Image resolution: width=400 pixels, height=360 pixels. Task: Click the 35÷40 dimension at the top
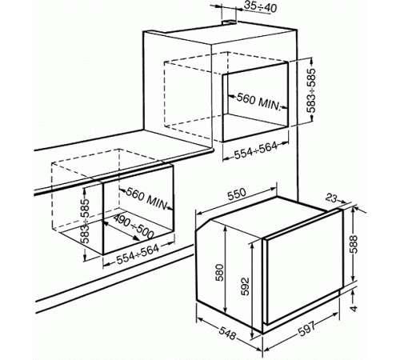click(x=261, y=8)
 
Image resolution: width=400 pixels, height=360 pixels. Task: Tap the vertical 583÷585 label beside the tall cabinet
click(x=311, y=90)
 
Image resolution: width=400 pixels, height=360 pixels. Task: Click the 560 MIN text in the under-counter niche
click(x=146, y=198)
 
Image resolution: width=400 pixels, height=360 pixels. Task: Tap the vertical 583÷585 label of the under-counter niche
click(x=86, y=221)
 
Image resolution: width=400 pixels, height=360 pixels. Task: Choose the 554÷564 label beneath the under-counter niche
click(x=138, y=254)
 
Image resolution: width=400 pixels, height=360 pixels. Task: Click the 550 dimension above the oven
click(x=237, y=194)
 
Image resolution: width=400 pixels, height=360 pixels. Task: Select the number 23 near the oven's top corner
click(x=331, y=198)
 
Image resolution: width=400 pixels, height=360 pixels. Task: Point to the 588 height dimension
click(x=354, y=246)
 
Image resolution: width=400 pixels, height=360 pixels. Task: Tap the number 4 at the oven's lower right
click(x=354, y=308)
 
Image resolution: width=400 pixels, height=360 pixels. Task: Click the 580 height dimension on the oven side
click(x=220, y=272)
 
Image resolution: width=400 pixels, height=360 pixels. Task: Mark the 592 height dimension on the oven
click(x=246, y=286)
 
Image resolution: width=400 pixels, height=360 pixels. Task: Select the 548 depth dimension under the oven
click(x=227, y=332)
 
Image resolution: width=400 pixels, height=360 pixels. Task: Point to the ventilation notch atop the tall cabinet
click(x=229, y=22)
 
